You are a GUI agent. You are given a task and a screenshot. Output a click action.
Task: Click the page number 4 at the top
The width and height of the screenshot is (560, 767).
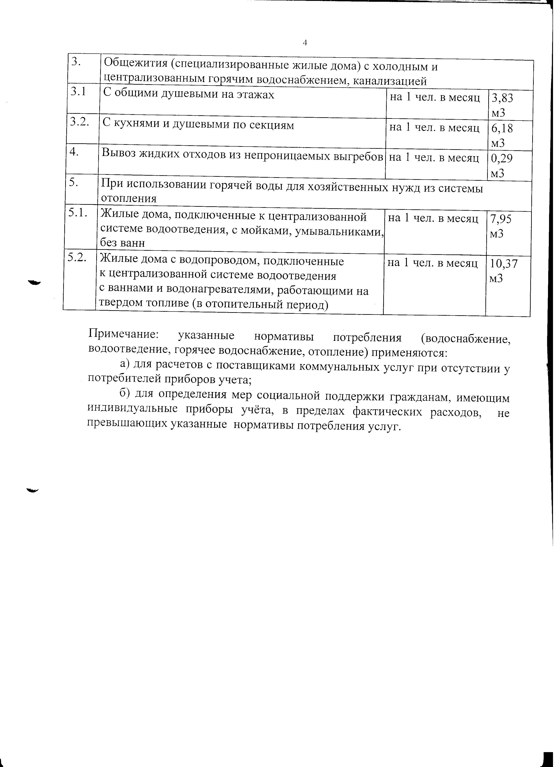[305, 43]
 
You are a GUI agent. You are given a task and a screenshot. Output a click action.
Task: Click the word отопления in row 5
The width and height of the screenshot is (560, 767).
[129, 198]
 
